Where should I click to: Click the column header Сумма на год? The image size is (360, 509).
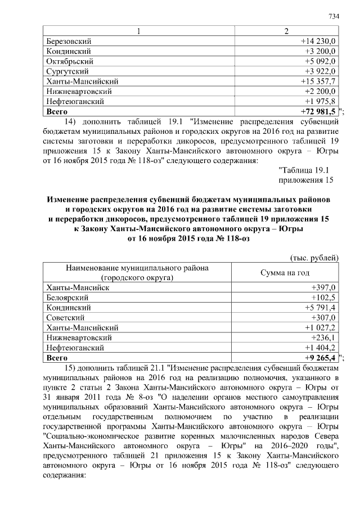[x=285, y=272]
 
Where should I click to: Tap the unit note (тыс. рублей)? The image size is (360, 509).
[x=313, y=258]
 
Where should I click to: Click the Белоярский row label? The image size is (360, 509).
[x=67, y=297]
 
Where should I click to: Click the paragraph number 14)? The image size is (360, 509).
[x=70, y=121]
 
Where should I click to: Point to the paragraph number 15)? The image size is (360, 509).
[x=70, y=367]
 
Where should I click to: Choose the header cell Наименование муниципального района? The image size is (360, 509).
[x=137, y=268]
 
